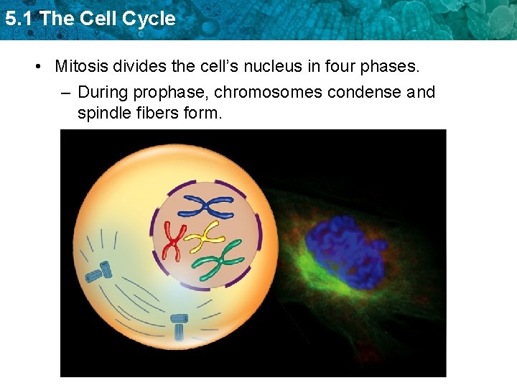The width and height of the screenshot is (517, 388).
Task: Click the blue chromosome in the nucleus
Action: point(205,206)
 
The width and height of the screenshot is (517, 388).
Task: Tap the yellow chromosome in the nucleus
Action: point(206,235)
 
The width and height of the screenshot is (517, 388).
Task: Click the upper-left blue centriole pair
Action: point(98,272)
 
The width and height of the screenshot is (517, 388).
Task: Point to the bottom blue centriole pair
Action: point(179,326)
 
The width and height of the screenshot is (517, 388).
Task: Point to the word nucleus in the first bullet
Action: point(240,67)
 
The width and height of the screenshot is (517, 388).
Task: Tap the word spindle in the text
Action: point(103,113)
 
